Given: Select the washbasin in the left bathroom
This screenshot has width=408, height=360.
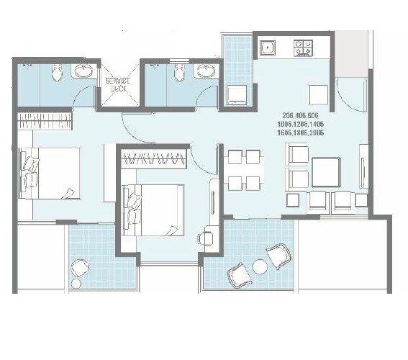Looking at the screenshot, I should point(82,71).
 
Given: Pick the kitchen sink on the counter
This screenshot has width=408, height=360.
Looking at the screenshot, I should point(268,50).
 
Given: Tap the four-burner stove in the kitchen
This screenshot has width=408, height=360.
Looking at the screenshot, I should point(304,49).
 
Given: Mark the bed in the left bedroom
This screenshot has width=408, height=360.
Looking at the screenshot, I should point(50,172).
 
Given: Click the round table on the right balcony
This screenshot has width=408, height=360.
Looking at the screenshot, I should point(260,267).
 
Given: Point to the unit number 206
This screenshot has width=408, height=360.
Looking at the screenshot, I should point(291,117).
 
